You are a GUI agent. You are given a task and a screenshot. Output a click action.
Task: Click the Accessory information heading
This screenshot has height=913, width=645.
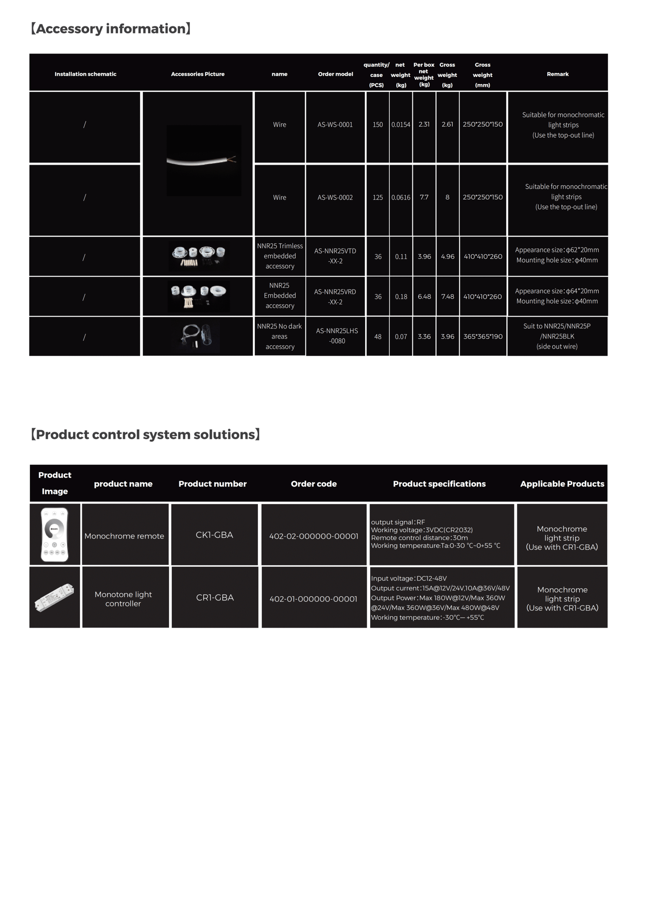click(110, 29)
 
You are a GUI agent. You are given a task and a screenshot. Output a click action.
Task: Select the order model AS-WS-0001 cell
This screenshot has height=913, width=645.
click(335, 125)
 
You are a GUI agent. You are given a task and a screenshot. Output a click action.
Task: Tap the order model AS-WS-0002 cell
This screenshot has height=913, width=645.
click(335, 197)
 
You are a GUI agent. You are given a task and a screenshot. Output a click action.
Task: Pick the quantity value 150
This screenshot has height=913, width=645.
click(377, 125)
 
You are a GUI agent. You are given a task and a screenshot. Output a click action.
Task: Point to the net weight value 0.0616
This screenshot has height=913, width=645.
click(400, 197)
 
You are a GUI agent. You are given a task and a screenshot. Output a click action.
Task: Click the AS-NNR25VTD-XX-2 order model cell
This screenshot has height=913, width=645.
click(335, 256)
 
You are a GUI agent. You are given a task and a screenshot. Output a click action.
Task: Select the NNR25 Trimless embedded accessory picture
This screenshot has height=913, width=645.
click(198, 257)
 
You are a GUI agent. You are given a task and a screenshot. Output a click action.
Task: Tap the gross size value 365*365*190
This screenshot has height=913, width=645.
click(483, 336)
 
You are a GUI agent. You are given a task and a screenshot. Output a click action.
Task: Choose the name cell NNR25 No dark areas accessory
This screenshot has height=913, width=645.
click(279, 336)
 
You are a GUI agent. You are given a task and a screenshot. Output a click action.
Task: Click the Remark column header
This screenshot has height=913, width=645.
click(557, 74)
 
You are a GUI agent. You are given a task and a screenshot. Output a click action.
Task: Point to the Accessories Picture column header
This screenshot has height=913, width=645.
click(198, 74)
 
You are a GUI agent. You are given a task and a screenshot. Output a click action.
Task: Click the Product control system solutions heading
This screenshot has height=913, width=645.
click(145, 434)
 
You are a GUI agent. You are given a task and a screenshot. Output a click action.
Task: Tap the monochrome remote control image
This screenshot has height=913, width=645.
click(54, 534)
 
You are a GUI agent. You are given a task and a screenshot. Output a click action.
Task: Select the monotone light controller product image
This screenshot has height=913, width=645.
click(54, 597)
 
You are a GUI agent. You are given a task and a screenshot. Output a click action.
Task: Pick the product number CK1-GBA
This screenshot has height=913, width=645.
click(214, 535)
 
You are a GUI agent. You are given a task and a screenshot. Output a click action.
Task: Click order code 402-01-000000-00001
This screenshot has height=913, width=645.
click(313, 599)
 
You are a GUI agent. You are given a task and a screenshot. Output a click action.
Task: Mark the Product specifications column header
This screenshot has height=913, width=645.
click(439, 484)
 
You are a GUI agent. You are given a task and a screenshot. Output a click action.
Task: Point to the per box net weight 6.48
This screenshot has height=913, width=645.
click(424, 297)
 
